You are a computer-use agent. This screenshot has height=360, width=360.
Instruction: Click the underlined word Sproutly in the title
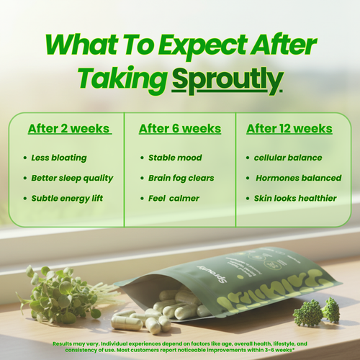[227, 78]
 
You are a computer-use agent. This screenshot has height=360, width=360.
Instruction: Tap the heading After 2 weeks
[69, 129]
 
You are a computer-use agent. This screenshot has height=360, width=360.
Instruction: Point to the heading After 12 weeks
[289, 129]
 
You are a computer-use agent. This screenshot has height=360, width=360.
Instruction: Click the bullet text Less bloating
[58, 158]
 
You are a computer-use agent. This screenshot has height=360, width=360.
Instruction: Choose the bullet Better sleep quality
[72, 178]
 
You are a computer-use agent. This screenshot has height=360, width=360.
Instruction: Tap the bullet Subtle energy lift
[68, 198]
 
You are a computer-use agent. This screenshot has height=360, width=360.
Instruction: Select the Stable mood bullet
[174, 158]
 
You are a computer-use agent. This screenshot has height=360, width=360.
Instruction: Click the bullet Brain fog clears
[181, 178]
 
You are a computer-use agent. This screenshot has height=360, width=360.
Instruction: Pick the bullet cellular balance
[288, 158]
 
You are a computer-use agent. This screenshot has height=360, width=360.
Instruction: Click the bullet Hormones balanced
[292, 178]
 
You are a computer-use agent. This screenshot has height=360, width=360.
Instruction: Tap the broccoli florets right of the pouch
[320, 311]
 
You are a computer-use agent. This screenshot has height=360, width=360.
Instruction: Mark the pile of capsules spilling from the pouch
[155, 313]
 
